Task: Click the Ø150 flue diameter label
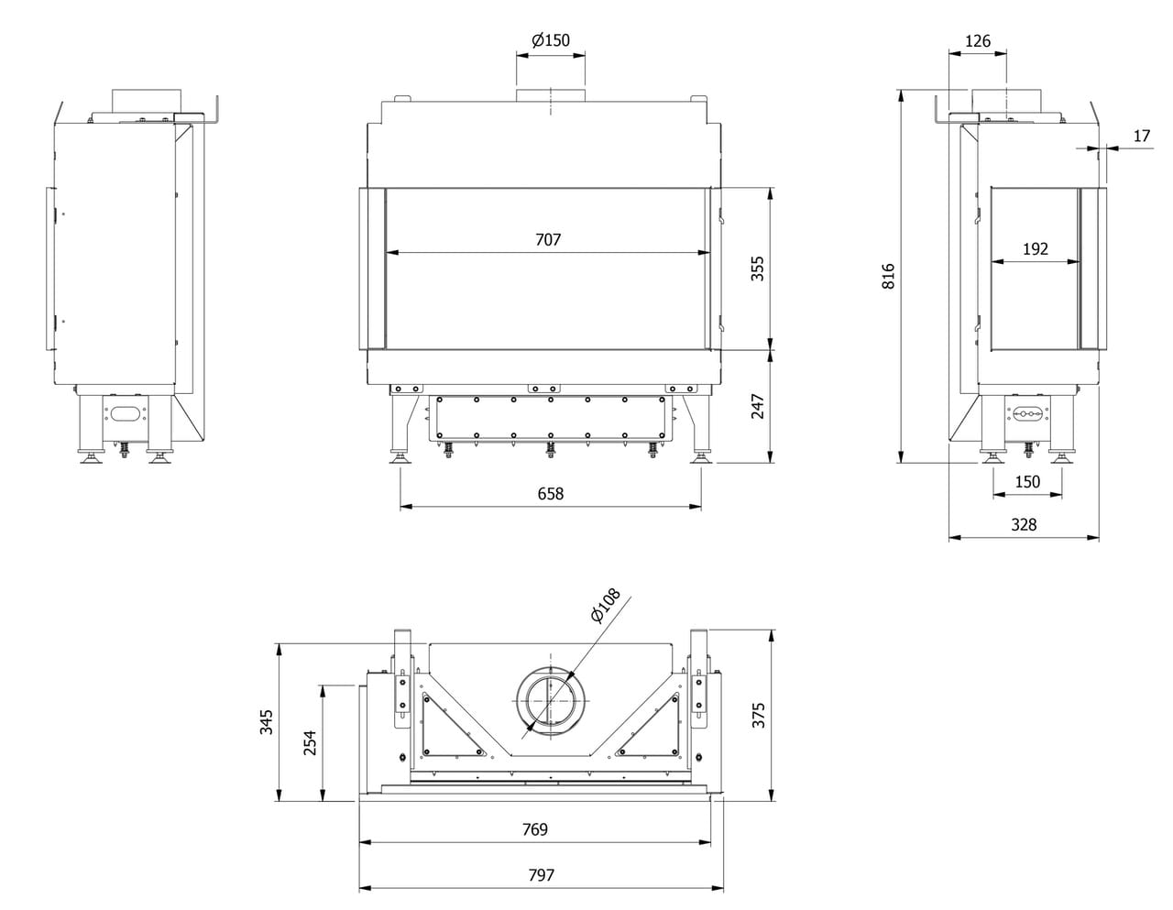[x=550, y=39]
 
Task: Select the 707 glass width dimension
[x=548, y=240]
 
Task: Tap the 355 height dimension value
[x=757, y=268]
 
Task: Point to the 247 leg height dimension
[x=757, y=406]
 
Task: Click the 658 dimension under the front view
[x=550, y=493]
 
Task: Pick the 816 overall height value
[x=887, y=277]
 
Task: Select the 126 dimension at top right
[x=978, y=41]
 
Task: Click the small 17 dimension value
[x=1141, y=136]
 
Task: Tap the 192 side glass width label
[x=1035, y=248]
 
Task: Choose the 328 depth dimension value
[x=1024, y=524]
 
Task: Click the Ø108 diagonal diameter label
[x=606, y=607]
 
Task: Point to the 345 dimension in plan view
[x=267, y=721]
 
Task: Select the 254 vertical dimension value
[x=310, y=742]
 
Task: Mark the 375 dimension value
[x=757, y=715]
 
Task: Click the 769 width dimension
[x=534, y=829]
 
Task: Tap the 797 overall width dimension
[x=541, y=875]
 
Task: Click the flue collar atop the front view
[x=550, y=96]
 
